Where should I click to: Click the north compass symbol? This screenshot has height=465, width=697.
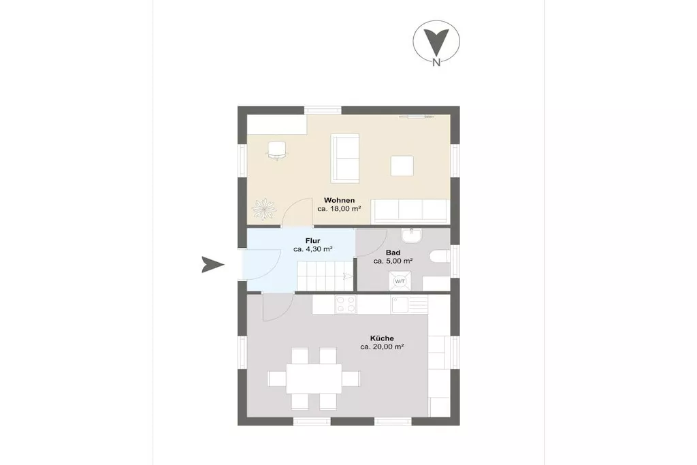coord(436,42)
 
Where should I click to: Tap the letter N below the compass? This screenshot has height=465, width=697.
coord(436,63)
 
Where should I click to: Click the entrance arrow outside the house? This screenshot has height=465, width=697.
coord(212,265)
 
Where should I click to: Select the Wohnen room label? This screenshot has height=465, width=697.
coord(339,200)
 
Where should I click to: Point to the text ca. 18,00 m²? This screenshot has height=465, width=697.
coord(339,208)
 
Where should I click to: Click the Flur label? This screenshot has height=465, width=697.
coord(312,241)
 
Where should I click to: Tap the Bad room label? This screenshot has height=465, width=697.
coord(393,253)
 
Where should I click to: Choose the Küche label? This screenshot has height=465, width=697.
coord(382,338)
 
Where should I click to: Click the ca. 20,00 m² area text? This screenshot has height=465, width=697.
coord(382,347)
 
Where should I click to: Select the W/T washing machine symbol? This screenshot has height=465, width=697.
coord(400,281)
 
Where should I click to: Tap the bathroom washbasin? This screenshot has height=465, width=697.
coord(412,235)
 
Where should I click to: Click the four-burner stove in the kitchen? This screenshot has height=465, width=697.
coord(346,304)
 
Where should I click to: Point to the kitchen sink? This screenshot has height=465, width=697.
coord(409,304)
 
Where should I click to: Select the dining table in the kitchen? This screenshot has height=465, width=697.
coord(314,379)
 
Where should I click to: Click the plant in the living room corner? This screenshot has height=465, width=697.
coord(264,209)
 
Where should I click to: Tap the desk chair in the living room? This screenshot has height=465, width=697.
coord(277,150)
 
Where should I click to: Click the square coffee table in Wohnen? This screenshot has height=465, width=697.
coord(402,166)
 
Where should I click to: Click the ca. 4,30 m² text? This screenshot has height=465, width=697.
coord(313,249)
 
